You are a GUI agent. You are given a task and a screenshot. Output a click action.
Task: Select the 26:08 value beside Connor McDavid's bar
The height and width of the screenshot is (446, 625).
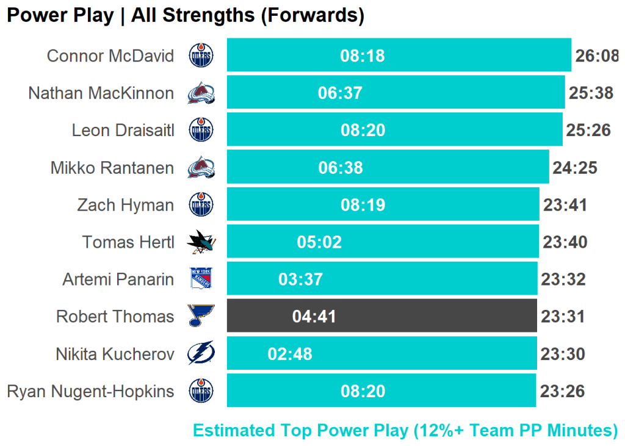click(596, 56)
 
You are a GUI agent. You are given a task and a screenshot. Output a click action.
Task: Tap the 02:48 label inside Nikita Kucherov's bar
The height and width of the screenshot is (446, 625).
click(290, 354)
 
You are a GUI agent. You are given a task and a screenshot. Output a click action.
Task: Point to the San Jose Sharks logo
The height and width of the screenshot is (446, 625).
click(201, 242)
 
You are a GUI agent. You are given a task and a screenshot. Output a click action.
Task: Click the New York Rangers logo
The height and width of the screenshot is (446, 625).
click(201, 279)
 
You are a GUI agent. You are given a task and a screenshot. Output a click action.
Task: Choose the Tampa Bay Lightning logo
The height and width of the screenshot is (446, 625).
click(201, 354)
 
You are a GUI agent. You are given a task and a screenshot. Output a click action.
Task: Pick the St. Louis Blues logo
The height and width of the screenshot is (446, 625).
click(201, 317)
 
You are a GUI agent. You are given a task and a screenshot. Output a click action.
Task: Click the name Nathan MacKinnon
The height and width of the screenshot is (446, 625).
click(101, 93)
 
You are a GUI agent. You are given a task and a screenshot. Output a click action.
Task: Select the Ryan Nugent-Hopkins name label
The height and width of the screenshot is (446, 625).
click(90, 391)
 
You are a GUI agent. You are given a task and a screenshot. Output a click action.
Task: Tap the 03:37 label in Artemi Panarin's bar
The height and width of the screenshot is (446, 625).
click(300, 279)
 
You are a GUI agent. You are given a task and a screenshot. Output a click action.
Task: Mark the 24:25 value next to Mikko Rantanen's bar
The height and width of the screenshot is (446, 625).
click(574, 168)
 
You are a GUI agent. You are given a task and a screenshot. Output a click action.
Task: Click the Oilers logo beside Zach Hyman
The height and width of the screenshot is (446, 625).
click(201, 205)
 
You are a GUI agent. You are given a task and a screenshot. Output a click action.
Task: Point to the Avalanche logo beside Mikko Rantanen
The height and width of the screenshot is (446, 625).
click(201, 168)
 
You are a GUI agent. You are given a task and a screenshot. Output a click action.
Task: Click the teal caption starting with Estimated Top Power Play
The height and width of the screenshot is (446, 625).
click(405, 430)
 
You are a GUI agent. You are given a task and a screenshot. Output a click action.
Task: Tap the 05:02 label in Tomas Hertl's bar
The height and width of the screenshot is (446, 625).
click(319, 242)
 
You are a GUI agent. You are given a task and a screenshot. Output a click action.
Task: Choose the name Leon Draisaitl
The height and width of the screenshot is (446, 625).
click(123, 131)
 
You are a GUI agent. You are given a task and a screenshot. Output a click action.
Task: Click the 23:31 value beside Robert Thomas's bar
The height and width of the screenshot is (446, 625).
click(563, 317)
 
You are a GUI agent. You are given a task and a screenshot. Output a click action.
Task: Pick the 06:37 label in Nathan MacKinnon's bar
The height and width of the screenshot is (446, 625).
click(340, 93)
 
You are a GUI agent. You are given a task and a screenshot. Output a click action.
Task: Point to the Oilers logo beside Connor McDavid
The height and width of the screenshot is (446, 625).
click(201, 56)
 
